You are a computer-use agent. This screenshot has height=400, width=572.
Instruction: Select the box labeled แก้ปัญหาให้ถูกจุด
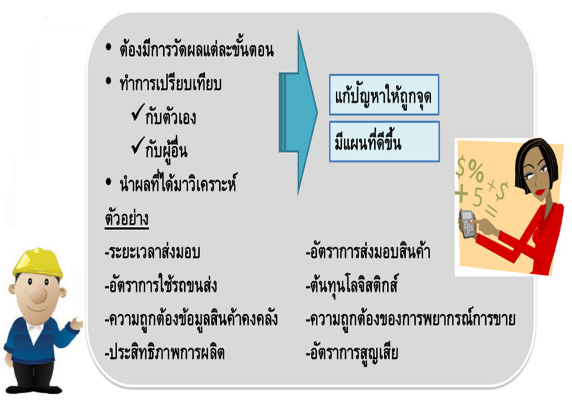pyautogui.click(x=384, y=95)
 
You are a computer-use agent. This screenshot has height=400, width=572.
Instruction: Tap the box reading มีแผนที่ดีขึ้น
pyautogui.click(x=384, y=142)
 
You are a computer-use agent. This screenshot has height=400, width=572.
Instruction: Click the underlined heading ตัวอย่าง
pyautogui.click(x=126, y=219)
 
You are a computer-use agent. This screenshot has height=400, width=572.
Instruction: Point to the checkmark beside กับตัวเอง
pyautogui.click(x=138, y=112)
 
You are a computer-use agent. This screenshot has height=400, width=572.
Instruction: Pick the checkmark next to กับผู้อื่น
pyautogui.click(x=138, y=145)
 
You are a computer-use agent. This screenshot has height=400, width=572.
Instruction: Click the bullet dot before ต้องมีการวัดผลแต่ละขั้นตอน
pyautogui.click(x=108, y=47)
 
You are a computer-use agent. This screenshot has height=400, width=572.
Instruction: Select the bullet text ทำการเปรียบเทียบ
pyautogui.click(x=170, y=84)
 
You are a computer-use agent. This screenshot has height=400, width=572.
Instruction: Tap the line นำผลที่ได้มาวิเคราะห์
pyautogui.click(x=178, y=183)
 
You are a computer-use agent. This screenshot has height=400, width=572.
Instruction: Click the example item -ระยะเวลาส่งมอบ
pyautogui.click(x=152, y=252)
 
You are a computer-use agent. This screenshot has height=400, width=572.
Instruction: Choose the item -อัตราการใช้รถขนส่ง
pyautogui.click(x=161, y=285)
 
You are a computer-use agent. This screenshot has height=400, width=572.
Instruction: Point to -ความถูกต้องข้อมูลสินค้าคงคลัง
pyautogui.click(x=191, y=319)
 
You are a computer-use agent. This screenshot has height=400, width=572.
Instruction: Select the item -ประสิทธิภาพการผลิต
pyautogui.click(x=165, y=353)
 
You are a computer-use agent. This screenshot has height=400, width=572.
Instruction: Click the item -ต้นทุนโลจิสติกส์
pyautogui.click(x=352, y=285)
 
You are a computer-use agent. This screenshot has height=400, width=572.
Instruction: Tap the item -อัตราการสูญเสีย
pyautogui.click(x=352, y=353)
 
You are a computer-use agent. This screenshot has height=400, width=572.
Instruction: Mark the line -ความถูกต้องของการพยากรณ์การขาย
pyautogui.click(x=410, y=319)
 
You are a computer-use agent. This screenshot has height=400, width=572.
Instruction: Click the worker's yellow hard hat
pyautogui.click(x=38, y=263)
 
